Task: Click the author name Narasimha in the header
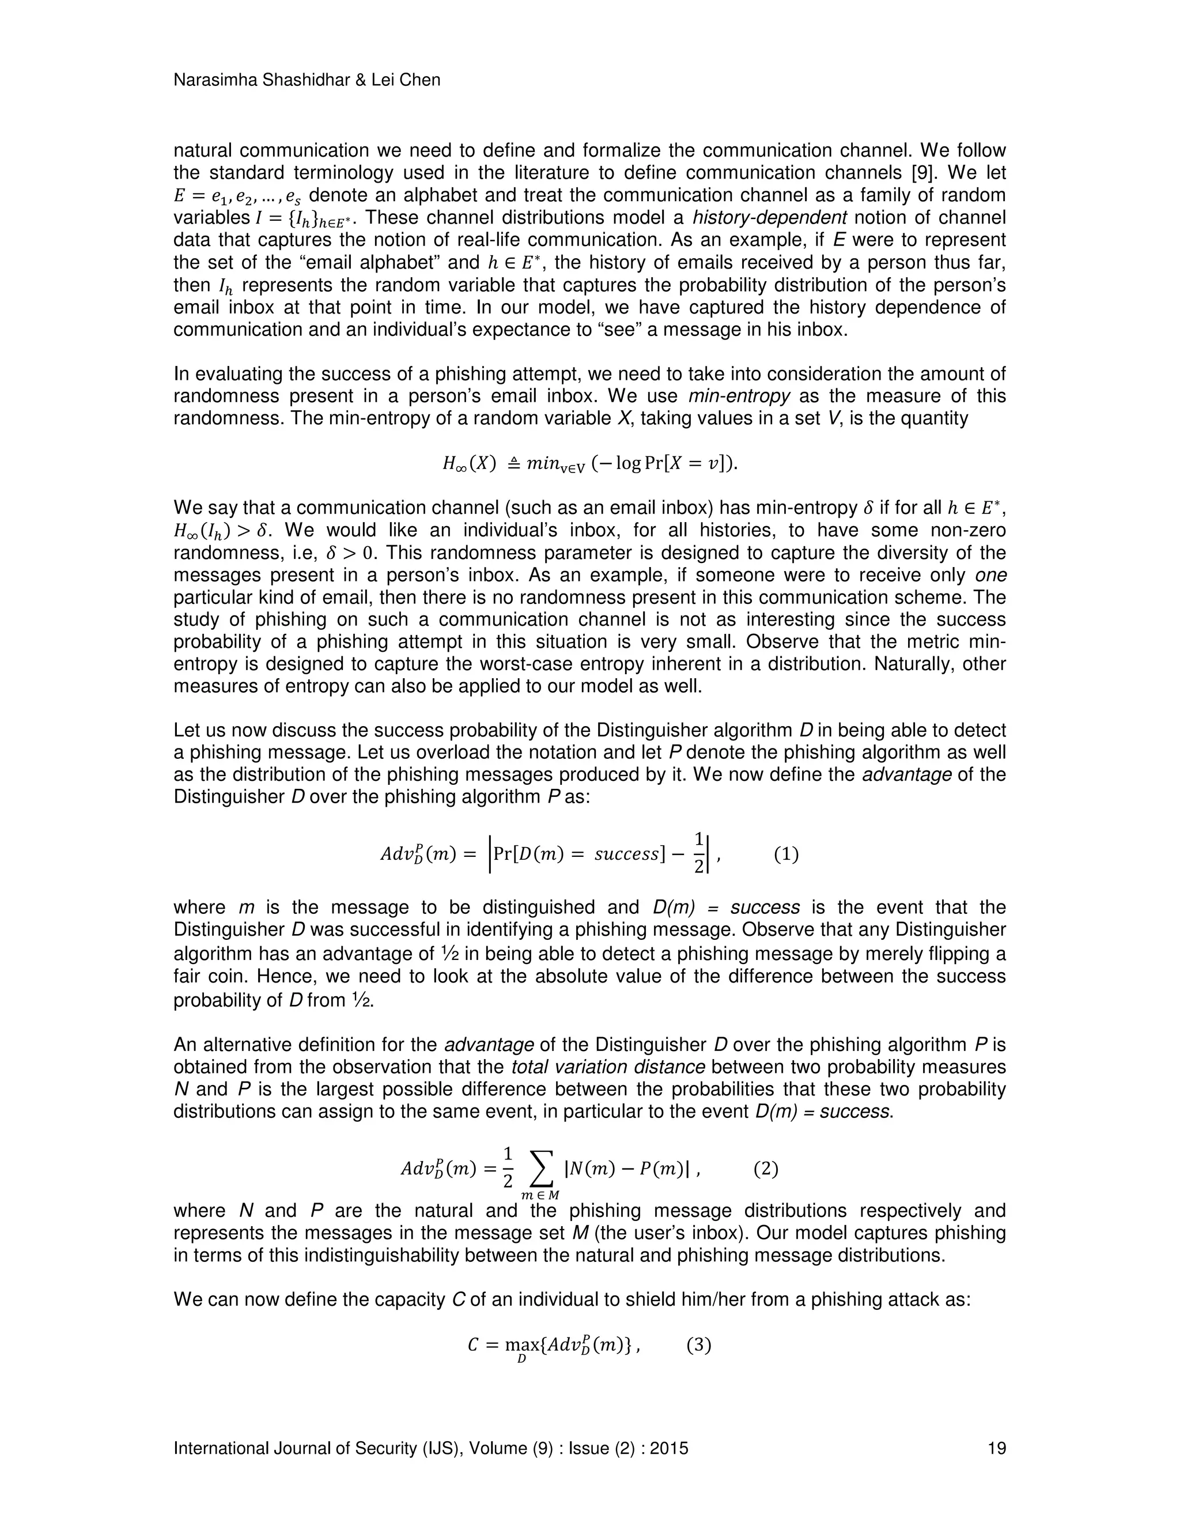216,81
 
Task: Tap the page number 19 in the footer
996,1448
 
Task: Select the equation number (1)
786,855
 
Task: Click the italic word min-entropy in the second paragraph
739,396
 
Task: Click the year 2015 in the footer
669,1448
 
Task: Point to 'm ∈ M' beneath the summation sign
540,1196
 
